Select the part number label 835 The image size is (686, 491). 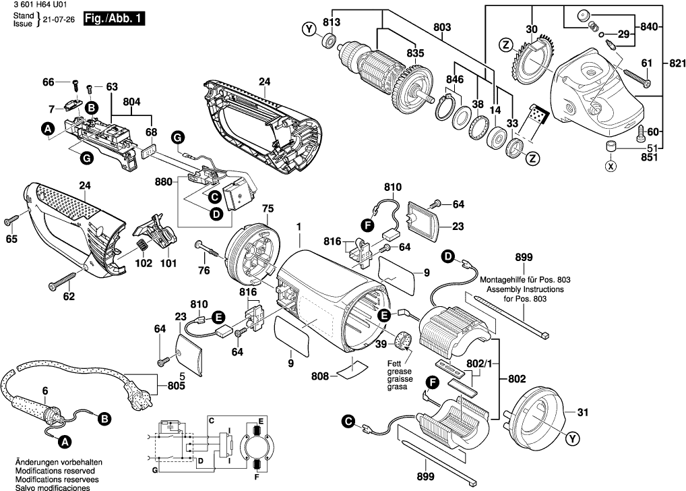(x=415, y=53)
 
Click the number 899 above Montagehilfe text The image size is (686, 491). (x=524, y=257)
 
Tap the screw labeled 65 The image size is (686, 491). (x=12, y=220)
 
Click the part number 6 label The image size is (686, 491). (x=45, y=391)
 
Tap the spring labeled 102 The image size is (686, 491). (x=142, y=246)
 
